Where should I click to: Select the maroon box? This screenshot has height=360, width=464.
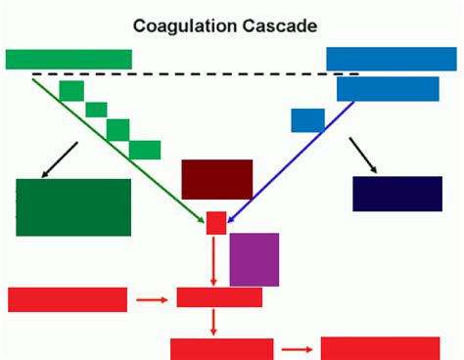tap(216, 179)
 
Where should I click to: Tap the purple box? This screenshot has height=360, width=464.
tap(255, 259)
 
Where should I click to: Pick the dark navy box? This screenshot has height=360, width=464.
tap(397, 194)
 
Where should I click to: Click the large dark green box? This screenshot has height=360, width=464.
tap(73, 207)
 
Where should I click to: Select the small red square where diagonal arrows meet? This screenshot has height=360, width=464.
tap(216, 222)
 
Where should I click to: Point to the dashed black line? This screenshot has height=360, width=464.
tap(196, 74)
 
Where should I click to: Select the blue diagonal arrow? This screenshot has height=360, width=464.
tap(294, 157)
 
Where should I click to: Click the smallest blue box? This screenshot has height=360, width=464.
tap(307, 120)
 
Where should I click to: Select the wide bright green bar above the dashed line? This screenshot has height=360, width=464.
tap(69, 59)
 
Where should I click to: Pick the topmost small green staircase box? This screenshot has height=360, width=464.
tap(71, 91)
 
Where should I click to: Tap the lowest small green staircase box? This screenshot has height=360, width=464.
tap(145, 150)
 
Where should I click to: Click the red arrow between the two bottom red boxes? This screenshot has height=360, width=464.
tap(297, 348)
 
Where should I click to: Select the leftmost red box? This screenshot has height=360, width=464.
tap(68, 299)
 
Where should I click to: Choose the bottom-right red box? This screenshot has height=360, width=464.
tap(380, 348)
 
